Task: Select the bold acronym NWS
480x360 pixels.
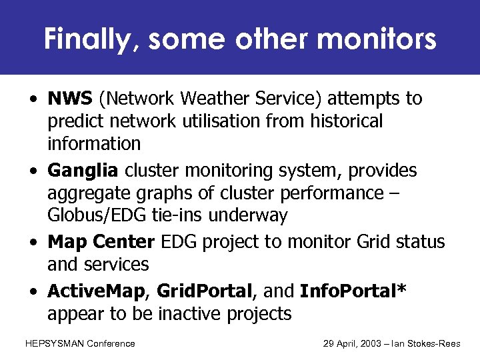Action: click(70, 99)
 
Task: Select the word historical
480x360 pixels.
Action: click(339, 121)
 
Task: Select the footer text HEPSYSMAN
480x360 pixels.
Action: click(53, 343)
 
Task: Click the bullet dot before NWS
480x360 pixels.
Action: click(32, 99)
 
